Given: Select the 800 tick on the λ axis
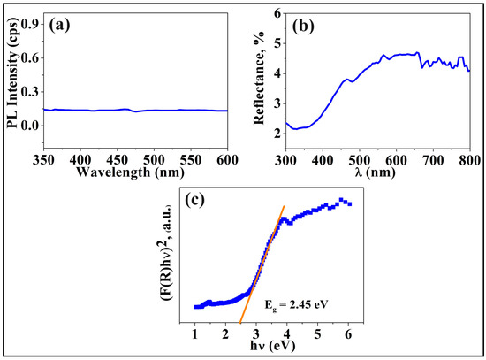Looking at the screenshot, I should click(470, 157).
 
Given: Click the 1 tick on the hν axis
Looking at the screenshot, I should click(195, 334).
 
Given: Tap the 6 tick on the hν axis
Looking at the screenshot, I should click(350, 334).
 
